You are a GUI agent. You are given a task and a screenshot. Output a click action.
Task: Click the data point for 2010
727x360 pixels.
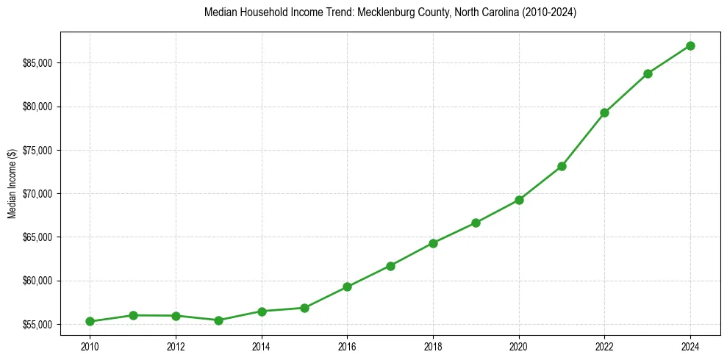pos(90,321)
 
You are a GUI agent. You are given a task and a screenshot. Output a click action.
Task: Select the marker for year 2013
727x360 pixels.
pos(218,320)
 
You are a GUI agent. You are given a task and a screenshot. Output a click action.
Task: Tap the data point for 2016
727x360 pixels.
pos(347,287)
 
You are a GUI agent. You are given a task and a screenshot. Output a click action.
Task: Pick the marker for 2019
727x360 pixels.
pos(476,223)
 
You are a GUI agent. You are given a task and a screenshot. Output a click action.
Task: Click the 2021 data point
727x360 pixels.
pos(562,166)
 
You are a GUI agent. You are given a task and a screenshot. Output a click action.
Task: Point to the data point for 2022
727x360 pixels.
pos(604,112)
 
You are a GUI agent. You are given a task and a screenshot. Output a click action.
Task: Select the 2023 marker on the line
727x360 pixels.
pos(648,73)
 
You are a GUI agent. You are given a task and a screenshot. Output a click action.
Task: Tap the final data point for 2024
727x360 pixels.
pos(690,46)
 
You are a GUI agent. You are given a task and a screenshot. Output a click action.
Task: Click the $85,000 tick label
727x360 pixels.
pos(37,63)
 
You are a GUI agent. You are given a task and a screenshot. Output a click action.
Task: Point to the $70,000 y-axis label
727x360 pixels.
pos(37,194)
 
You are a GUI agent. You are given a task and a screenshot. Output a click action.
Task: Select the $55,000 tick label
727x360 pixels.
pos(37,325)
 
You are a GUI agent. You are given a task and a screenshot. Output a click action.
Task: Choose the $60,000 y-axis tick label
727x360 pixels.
pos(37,281)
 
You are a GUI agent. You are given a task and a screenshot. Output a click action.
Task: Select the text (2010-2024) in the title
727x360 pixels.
pos(550,13)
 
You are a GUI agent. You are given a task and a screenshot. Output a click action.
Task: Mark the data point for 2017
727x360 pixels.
pos(390,266)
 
